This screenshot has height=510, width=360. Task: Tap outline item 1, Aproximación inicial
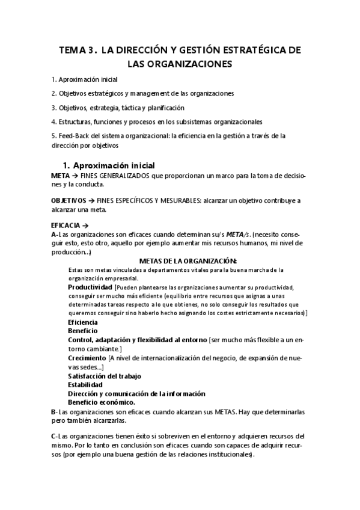click(85, 79)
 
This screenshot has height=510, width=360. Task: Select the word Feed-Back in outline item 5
click(72, 136)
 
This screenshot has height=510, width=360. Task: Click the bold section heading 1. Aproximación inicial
click(109, 165)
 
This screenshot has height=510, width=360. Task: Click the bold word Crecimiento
click(87, 357)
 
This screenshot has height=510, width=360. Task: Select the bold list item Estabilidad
click(85, 385)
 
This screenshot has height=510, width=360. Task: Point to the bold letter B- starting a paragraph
click(55, 411)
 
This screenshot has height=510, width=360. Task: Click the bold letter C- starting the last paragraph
click(55, 436)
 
